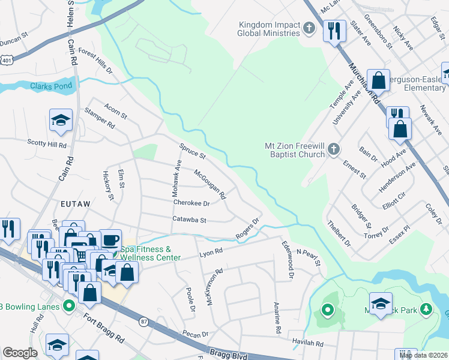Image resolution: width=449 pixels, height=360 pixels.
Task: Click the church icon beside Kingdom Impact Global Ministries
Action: [309, 28]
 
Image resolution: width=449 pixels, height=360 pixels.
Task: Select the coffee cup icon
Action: [110, 241]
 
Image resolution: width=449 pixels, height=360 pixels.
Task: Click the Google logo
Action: [20, 353]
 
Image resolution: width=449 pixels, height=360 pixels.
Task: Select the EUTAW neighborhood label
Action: [76, 204]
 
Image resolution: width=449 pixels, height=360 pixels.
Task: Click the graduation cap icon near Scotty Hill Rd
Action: [61, 121]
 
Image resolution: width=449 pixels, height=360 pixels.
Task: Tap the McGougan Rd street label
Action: [209, 184]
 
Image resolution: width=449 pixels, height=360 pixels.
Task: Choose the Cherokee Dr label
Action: [191, 203]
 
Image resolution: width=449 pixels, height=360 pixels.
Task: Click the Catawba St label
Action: [189, 220]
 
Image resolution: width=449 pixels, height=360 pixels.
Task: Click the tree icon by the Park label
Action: [426, 308]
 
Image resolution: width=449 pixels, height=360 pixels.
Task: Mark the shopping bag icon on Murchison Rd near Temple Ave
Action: [378, 80]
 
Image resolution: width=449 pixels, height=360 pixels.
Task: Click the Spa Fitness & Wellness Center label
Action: [150, 253]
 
